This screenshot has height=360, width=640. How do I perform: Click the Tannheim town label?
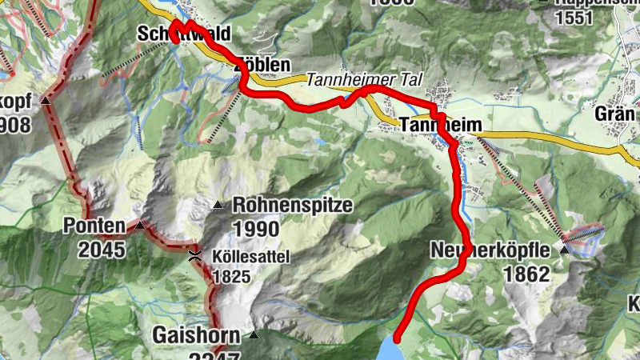click(x=432, y=126)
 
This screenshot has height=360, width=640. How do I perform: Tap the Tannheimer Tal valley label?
click(x=363, y=80)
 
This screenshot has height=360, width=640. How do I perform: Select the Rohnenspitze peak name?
click(x=292, y=206)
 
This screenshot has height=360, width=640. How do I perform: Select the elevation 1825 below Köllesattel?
click(x=232, y=277)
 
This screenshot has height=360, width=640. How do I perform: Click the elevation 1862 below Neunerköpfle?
click(x=526, y=274)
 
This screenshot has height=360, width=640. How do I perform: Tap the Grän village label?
click(x=614, y=114)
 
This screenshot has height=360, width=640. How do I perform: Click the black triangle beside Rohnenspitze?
click(x=218, y=206)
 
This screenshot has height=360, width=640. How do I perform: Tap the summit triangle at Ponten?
click(x=141, y=226)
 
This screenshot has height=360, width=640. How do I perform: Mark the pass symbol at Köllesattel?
click(x=194, y=257)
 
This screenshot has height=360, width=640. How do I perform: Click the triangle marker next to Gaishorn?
click(x=254, y=334)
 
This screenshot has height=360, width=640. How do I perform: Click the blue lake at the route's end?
click(x=389, y=350)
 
